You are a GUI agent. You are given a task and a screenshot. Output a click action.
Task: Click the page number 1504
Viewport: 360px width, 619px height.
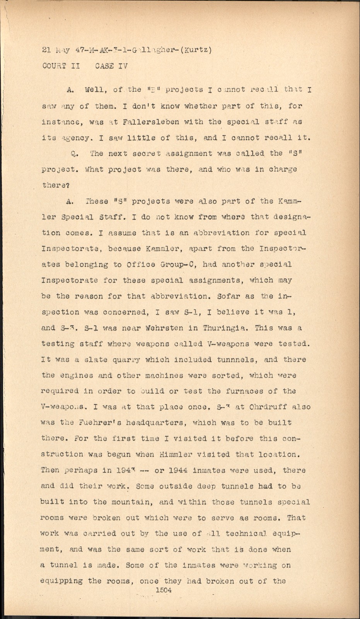(163, 590)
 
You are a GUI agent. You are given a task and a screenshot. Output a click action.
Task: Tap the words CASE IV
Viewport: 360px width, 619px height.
(111, 66)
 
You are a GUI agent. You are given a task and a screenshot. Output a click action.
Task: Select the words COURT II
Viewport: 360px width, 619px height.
(61, 66)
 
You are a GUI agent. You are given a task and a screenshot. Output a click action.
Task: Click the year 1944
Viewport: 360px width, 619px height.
(179, 470)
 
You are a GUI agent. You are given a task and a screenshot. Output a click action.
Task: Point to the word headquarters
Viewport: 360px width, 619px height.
(152, 423)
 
